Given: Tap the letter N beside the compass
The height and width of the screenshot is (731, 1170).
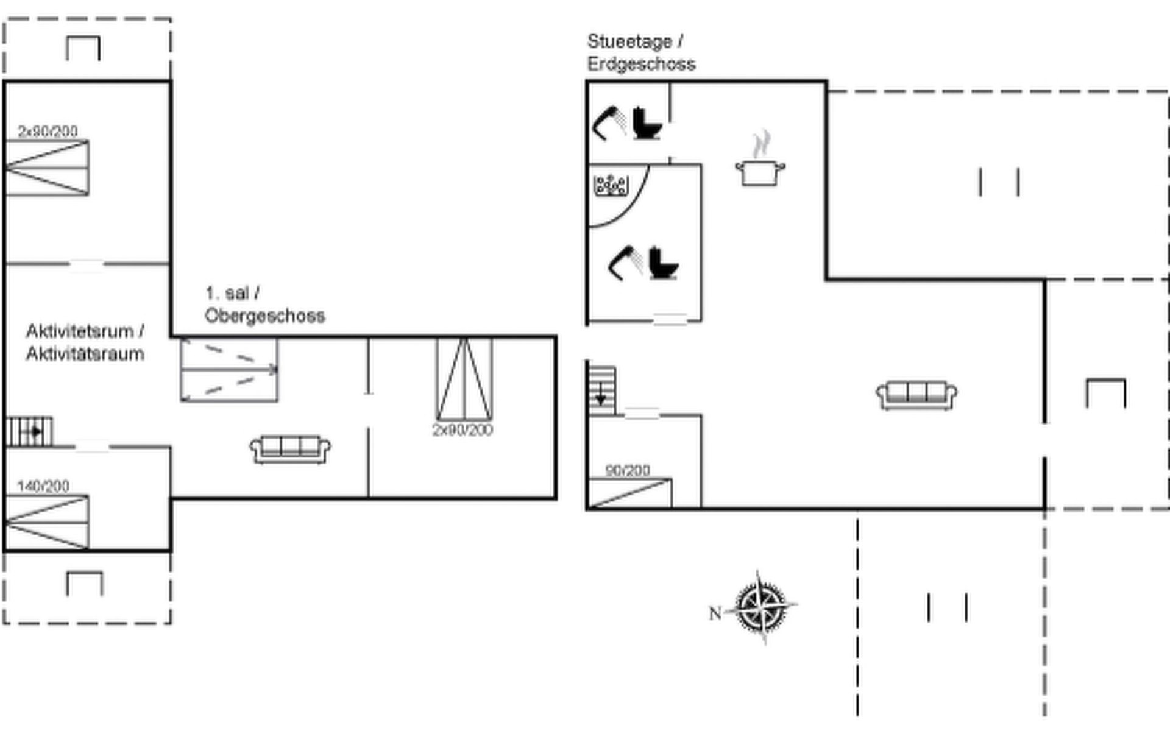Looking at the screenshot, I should click(x=715, y=613).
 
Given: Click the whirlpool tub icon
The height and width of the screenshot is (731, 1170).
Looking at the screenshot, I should click(x=611, y=185).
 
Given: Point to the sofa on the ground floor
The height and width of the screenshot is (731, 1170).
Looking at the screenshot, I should click(x=916, y=395).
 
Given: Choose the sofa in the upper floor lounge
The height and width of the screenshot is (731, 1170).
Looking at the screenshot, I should click(x=290, y=449).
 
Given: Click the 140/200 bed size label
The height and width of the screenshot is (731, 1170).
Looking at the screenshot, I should click(x=43, y=486).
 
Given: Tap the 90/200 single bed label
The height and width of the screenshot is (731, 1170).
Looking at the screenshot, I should click(x=628, y=470).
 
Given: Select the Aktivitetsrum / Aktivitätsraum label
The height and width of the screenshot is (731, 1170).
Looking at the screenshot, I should click(x=85, y=342).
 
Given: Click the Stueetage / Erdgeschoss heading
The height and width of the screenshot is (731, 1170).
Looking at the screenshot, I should click(x=641, y=52).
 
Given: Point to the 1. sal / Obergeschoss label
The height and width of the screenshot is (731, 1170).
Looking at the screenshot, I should click(x=264, y=305).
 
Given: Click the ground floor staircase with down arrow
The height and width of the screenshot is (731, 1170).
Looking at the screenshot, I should click(x=602, y=390).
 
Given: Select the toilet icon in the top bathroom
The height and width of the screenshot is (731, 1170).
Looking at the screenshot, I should click(x=646, y=124).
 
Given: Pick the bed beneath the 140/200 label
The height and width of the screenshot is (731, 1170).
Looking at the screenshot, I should click(x=47, y=522).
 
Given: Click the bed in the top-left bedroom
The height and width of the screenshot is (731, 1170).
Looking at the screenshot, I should click(x=47, y=168).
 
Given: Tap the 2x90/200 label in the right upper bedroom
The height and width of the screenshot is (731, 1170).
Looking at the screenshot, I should click(x=463, y=430).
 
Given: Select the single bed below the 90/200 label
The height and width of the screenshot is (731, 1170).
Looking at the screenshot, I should click(x=629, y=494).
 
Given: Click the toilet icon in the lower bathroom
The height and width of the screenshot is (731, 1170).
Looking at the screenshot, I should click(x=663, y=263).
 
